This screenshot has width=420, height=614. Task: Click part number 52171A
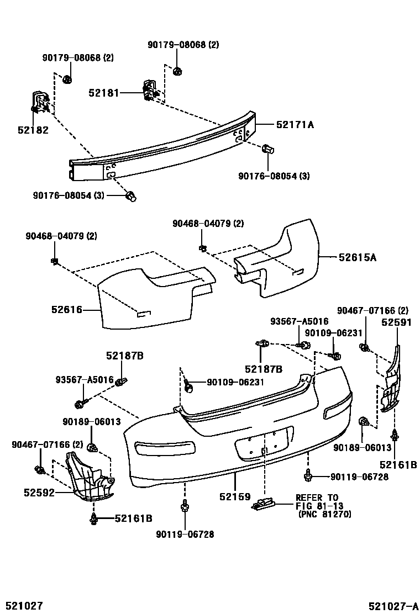(292, 125)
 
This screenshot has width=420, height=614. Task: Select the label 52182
(33, 130)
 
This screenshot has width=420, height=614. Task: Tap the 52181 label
(103, 93)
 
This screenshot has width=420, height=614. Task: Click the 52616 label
(66, 310)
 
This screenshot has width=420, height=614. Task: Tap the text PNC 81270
(324, 514)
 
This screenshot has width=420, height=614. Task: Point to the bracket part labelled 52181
(149, 90)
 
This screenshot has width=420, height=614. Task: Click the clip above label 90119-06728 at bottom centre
(184, 506)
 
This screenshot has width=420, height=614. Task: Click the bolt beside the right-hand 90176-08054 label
(269, 149)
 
